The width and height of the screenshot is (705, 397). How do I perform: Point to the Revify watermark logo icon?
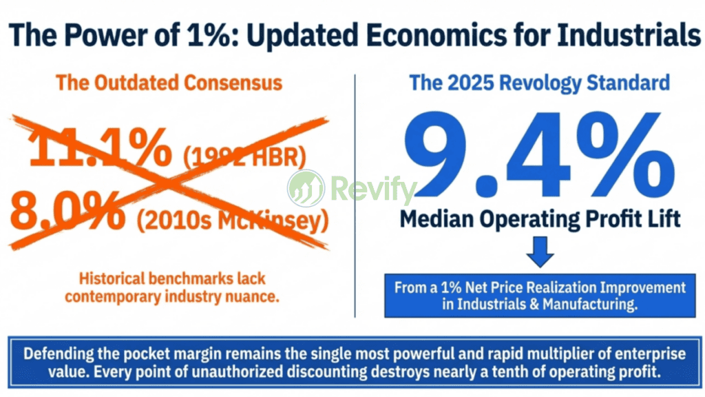pos(306,187)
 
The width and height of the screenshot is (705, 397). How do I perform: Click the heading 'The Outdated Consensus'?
pos(169,83)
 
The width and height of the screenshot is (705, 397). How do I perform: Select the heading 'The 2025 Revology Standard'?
pos(539,83)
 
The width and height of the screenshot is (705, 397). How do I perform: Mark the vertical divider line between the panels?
pos(355,193)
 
